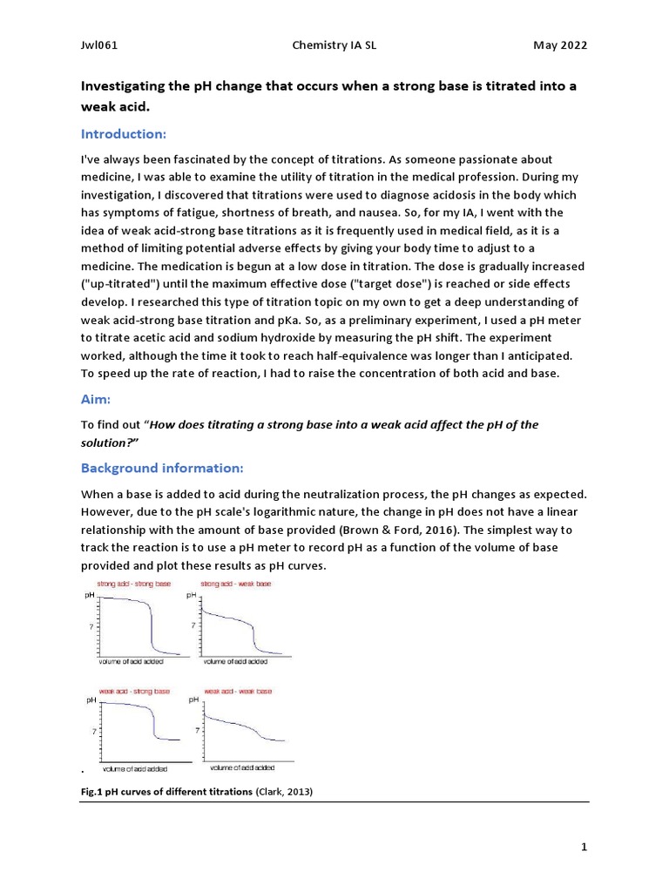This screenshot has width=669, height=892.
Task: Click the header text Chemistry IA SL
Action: (x=334, y=45)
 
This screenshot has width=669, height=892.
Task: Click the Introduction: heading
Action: (x=123, y=134)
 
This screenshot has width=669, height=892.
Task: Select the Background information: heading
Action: (x=162, y=468)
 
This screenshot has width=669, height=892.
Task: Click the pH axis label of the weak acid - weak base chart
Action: (x=193, y=700)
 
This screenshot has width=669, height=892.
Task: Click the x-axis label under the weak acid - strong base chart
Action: (x=135, y=769)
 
